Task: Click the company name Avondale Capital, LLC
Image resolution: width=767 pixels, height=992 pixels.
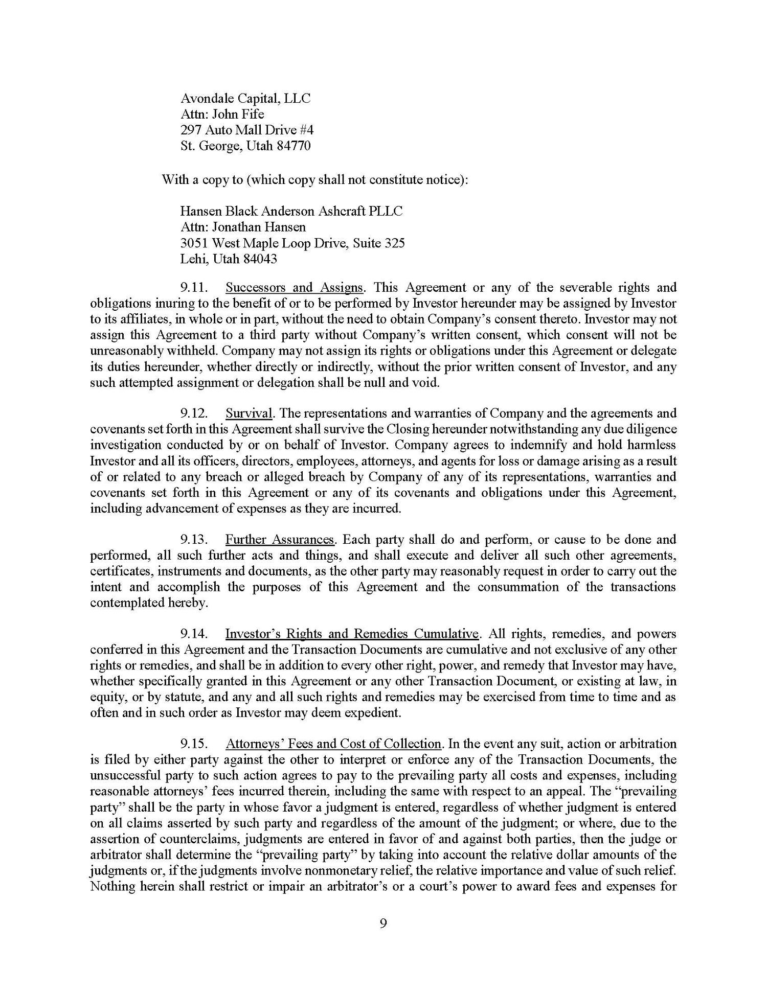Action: coord(245,98)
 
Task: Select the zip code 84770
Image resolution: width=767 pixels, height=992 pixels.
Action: coord(293,146)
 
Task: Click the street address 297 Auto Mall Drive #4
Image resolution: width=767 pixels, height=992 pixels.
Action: coord(247,130)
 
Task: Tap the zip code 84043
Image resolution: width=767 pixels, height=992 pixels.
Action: coord(260,259)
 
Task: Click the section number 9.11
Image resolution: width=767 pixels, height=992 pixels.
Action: coord(194,287)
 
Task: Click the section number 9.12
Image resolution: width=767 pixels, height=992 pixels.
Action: coord(194,413)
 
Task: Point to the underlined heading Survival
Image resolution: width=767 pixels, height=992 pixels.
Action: coord(249,413)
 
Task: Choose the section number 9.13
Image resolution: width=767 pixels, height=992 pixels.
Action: coord(194,539)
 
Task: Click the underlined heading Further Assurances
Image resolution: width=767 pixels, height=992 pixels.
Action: coord(280,539)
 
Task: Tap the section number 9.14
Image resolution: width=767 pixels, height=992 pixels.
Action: coord(194,634)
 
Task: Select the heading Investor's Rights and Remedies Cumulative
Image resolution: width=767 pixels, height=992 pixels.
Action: coord(352,634)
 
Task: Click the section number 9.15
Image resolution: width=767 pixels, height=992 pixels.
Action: coord(194,744)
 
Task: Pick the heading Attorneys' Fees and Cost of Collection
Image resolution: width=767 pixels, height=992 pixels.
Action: coord(333,744)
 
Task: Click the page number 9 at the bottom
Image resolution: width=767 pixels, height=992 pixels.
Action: coord(383,924)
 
